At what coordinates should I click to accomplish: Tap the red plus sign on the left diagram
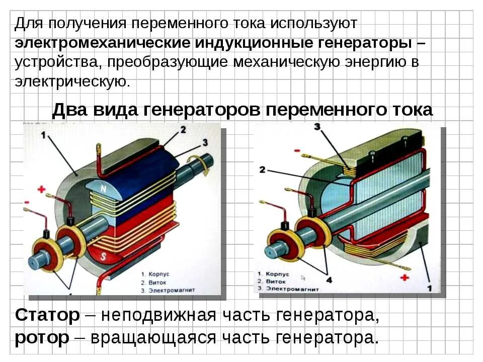click(x=42, y=190)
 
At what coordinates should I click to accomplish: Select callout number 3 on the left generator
click(x=204, y=142)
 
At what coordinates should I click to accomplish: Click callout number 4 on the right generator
click(x=329, y=279)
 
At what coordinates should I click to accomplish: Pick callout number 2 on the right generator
click(x=262, y=170)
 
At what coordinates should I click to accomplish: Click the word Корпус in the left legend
click(x=160, y=275)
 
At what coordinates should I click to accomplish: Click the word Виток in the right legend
click(x=274, y=282)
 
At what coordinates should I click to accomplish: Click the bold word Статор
click(x=47, y=315)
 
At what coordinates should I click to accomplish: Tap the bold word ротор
click(x=42, y=337)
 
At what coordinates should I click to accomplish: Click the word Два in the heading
click(x=68, y=110)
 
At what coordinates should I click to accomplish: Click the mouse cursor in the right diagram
click(x=303, y=277)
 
